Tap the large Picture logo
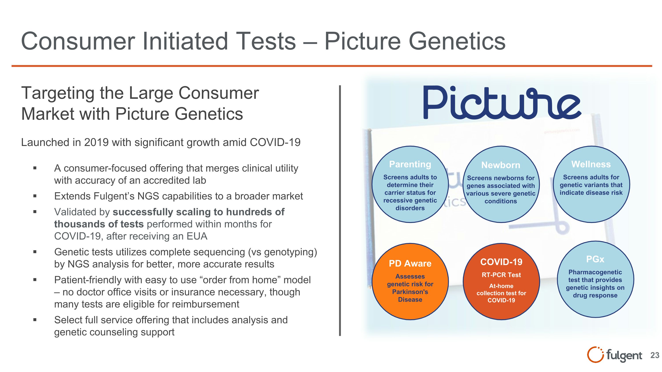click(x=502, y=103)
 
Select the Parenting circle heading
click(x=410, y=164)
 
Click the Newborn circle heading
click(x=501, y=165)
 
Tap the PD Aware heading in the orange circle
click(x=410, y=264)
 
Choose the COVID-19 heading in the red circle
click(x=501, y=262)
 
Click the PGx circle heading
click(x=595, y=259)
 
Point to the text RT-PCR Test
click(x=501, y=275)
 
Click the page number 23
click(x=654, y=355)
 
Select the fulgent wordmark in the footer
click(x=624, y=355)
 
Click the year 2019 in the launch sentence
click(x=96, y=142)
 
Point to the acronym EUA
click(x=197, y=236)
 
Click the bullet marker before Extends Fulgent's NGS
click(x=35, y=196)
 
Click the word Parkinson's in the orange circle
click(x=410, y=292)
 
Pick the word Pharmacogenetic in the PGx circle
click(x=595, y=272)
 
